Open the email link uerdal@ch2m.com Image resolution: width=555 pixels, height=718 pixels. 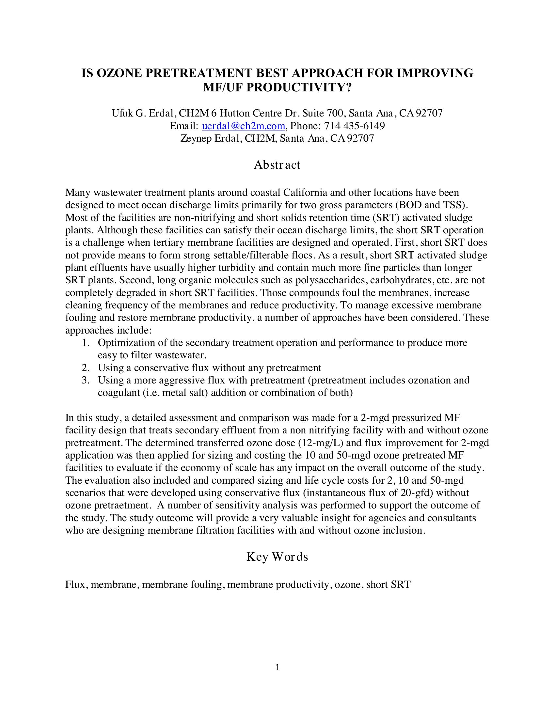243,126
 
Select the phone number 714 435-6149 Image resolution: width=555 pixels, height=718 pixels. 355,126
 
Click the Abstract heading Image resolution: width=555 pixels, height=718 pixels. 277,165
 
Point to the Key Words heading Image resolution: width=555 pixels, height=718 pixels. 277,556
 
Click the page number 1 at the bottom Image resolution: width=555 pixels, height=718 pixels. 277,667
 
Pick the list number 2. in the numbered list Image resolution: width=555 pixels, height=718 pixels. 86,368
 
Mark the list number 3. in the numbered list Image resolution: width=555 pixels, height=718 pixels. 86,380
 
